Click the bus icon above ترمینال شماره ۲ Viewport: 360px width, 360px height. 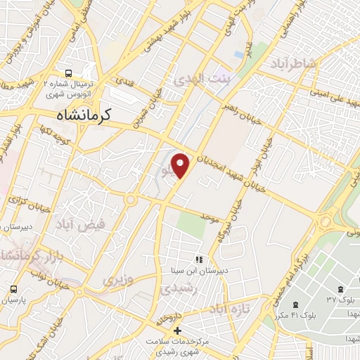point(68,73)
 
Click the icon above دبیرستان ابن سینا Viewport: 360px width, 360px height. point(198,259)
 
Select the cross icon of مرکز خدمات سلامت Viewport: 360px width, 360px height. point(177,330)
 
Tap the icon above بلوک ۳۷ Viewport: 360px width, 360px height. point(340,290)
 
